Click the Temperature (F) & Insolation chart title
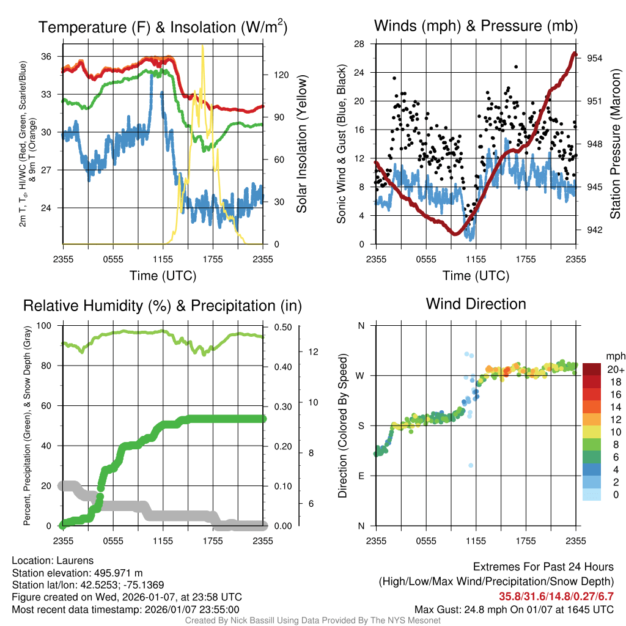click(x=163, y=28)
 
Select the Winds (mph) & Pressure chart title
click(x=476, y=26)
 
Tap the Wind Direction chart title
click(x=476, y=304)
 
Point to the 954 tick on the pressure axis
click(x=595, y=58)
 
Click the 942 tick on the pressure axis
click(x=595, y=230)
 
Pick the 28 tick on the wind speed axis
click(x=359, y=44)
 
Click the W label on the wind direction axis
click(x=361, y=376)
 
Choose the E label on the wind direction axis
click(x=361, y=476)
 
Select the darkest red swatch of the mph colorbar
click(x=593, y=369)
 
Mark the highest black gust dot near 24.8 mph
click(x=516, y=67)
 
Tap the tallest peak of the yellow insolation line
click(x=202, y=46)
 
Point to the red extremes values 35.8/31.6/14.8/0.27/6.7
click(x=556, y=597)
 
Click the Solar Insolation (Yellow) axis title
click(x=301, y=144)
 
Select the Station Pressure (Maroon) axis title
click(x=616, y=144)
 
